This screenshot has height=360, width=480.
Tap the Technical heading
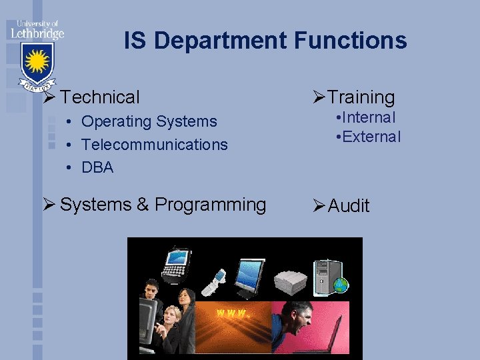click(x=100, y=97)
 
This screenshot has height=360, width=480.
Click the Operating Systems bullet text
click(x=149, y=121)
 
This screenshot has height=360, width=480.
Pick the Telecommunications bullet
click(x=155, y=145)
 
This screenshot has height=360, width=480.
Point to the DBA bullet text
click(x=97, y=167)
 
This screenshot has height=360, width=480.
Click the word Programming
click(x=210, y=204)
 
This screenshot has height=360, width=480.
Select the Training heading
click(x=361, y=97)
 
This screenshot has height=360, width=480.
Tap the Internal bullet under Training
click(x=367, y=118)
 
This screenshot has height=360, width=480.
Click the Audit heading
click(x=348, y=206)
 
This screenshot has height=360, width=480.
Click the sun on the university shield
click(x=37, y=62)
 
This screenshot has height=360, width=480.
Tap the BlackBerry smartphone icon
click(x=177, y=262)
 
